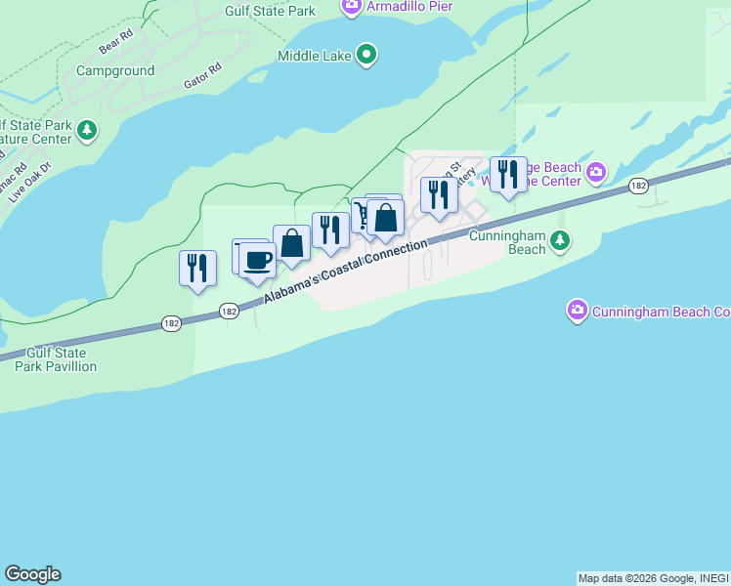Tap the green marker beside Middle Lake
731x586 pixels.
click(x=365, y=54)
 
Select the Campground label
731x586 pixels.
click(x=115, y=71)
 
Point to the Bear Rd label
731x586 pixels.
click(x=114, y=44)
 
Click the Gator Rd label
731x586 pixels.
click(x=202, y=78)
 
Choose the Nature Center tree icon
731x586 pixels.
click(x=88, y=130)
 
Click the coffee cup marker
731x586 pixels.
click(x=257, y=261)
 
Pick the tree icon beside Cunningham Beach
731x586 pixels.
click(x=559, y=239)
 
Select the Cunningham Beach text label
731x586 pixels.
click(x=506, y=241)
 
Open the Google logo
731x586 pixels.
click(x=32, y=574)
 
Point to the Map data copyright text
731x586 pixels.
click(x=653, y=578)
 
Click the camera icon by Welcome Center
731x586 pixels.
click(x=596, y=174)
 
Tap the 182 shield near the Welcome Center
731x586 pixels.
click(x=639, y=186)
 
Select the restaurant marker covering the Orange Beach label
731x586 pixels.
click(x=507, y=175)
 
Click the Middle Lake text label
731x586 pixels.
click(x=315, y=56)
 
